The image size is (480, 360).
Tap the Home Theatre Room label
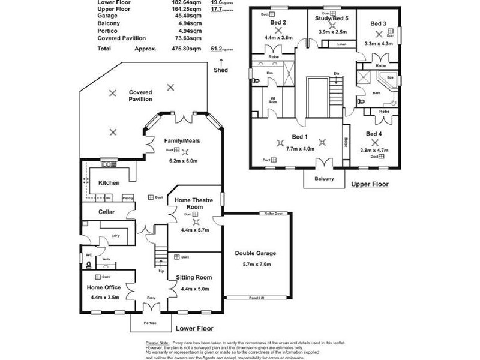coord(191,202)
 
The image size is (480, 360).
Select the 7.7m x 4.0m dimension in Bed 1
coord(300,148)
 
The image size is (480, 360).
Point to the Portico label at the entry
coord(149,323)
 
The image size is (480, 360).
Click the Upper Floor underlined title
coord(370,184)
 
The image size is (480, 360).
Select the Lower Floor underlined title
coord(194,328)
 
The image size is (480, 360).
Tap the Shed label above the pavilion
coord(221,70)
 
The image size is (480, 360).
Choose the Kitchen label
coord(109,182)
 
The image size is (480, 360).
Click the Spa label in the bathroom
coord(389,77)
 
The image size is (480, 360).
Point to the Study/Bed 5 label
coord(332,19)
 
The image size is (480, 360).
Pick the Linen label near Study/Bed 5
coord(342,44)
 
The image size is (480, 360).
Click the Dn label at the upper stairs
coord(337,74)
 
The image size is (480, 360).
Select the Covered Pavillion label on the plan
coord(140,96)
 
